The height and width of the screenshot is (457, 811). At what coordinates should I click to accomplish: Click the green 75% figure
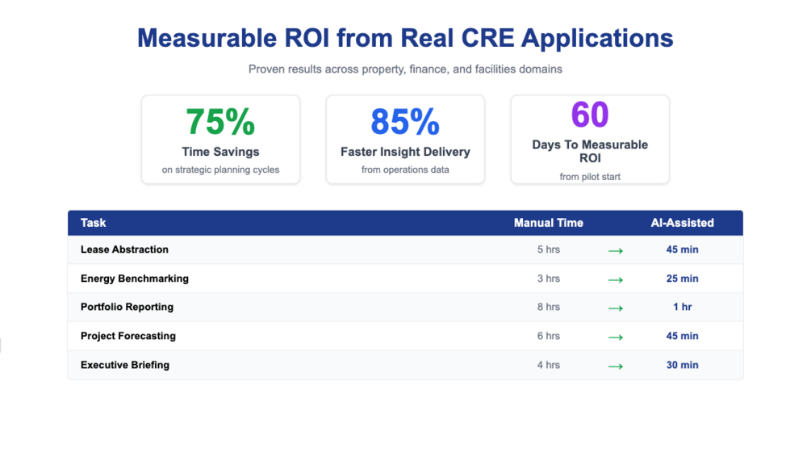click(x=220, y=122)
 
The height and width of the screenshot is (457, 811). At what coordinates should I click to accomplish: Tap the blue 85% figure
click(x=405, y=122)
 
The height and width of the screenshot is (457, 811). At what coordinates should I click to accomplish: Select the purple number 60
click(x=590, y=115)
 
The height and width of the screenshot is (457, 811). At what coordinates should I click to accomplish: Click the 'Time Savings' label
click(x=220, y=152)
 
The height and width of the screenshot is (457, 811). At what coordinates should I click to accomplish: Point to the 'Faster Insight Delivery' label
click(x=405, y=152)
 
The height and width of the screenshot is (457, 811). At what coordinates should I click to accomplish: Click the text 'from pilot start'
click(x=590, y=177)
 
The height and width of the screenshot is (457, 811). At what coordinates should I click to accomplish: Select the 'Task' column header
click(x=94, y=223)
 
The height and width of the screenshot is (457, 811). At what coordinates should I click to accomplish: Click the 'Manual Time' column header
click(x=549, y=223)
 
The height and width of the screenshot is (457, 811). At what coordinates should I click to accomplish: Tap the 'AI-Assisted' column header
click(x=683, y=223)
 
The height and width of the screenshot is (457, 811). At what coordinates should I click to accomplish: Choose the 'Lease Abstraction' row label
click(x=124, y=249)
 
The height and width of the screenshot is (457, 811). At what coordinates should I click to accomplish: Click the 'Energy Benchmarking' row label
click(x=135, y=279)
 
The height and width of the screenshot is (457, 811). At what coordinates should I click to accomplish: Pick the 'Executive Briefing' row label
click(x=125, y=365)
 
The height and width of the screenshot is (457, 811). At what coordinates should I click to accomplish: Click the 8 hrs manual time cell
click(x=549, y=307)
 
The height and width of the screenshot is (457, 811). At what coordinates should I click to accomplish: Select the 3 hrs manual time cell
click(x=549, y=279)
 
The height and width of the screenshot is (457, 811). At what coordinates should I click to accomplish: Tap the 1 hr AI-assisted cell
click(x=683, y=307)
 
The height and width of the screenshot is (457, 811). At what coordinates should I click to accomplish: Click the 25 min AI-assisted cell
click(x=683, y=279)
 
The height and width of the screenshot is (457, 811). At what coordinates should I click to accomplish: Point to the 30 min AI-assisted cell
click(x=683, y=365)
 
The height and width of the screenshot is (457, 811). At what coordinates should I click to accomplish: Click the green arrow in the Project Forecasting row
click(x=616, y=337)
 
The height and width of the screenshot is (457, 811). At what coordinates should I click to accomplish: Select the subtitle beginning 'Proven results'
click(x=405, y=69)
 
